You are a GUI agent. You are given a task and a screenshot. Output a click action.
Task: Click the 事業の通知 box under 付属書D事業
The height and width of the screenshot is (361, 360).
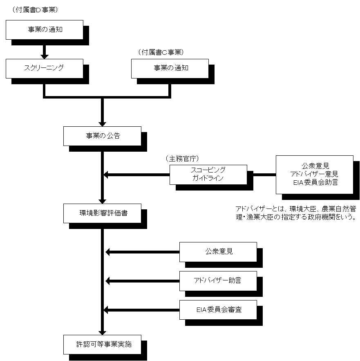tap(45, 30)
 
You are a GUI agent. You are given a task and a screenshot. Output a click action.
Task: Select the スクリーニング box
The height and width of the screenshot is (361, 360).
tap(45, 69)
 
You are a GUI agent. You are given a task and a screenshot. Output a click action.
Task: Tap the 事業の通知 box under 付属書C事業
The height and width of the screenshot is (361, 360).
tap(170, 69)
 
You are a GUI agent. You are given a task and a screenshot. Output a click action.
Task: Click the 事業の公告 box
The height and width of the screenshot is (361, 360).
tap(102, 136)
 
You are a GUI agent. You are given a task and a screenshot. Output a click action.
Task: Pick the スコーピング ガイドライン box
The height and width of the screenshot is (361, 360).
tap(208, 175)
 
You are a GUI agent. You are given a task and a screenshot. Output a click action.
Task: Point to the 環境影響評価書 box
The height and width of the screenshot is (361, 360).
tap(102, 213)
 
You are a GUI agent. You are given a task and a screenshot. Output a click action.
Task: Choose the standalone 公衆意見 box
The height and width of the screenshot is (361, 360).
tap(218, 252)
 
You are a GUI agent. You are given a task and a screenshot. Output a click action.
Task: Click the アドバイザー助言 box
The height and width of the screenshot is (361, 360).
tap(218, 281)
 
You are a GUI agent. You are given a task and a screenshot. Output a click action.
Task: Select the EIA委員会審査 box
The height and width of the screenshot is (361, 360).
tap(218, 310)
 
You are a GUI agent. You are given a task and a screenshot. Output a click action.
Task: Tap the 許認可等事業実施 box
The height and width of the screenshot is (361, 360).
tap(102, 344)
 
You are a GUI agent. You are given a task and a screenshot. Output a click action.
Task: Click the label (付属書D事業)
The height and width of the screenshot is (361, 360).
tap(35, 10)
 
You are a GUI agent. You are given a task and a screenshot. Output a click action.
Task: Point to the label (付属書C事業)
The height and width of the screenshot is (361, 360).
tap(161, 52)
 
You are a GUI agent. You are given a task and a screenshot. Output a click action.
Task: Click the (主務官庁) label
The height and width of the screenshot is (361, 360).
tap(182, 158)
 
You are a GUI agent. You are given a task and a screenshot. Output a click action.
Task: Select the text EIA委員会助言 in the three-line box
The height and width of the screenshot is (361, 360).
tap(315, 182)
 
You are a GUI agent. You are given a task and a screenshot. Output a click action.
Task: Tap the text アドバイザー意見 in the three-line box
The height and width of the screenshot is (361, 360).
tap(314, 174)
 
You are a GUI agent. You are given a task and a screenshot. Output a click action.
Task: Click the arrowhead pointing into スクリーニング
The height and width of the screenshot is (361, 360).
tap(45, 56)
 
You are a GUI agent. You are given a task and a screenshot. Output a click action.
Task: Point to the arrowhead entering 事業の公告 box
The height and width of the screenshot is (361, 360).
tap(102, 124)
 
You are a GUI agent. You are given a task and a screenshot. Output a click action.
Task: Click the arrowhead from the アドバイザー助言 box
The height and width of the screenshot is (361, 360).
tap(108, 281)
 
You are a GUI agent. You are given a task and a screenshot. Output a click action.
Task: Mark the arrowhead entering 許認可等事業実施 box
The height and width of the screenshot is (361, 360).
tap(102, 332)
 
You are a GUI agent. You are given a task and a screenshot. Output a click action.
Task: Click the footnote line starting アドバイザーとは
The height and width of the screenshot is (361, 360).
tap(296, 209)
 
